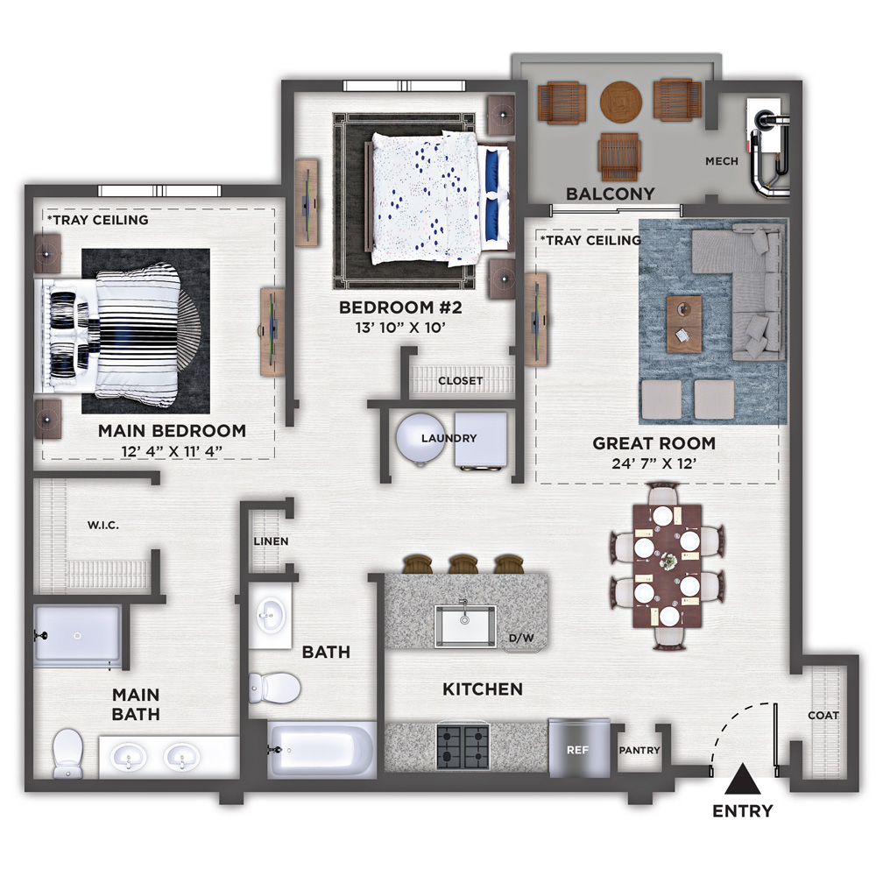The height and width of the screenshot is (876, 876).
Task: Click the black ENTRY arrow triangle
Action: click(743, 780)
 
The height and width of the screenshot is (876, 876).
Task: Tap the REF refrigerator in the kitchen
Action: click(578, 749)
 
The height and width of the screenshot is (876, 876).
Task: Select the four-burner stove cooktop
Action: click(463, 746)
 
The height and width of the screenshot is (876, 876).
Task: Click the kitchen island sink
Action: click(465, 625)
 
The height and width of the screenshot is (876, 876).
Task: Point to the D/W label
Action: click(521, 638)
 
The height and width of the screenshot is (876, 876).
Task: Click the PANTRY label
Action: click(639, 751)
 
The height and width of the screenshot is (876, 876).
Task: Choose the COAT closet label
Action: click(823, 715)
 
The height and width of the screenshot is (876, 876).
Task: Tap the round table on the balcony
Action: click(621, 102)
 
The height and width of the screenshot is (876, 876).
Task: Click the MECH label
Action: click(722, 161)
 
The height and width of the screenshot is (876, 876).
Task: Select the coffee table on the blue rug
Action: click(684, 324)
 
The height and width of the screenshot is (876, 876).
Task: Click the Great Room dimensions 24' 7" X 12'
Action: click(653, 463)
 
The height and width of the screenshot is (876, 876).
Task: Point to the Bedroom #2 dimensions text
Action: click(400, 328)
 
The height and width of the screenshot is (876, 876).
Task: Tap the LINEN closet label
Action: click(271, 541)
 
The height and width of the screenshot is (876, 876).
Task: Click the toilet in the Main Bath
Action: click(67, 752)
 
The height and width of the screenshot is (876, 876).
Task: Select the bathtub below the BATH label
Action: click(321, 749)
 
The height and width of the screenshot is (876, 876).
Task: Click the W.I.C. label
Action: click(103, 525)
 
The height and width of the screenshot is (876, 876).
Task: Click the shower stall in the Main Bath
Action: click(78, 636)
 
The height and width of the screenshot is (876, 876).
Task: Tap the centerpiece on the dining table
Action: click(667, 562)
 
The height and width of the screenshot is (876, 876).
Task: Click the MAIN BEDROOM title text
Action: click(172, 431)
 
